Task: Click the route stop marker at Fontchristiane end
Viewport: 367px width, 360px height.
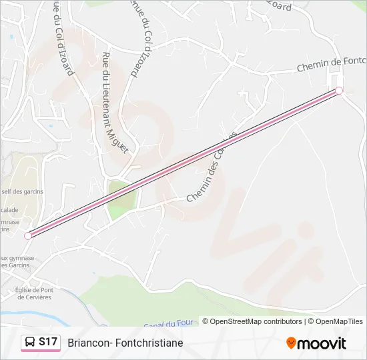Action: coord(339,91)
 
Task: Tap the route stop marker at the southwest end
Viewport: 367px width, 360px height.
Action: coord(28,235)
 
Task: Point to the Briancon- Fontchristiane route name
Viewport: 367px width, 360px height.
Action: coord(125,343)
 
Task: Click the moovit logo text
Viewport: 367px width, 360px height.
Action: coord(322,343)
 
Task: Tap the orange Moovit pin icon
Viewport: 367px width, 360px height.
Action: coord(291,343)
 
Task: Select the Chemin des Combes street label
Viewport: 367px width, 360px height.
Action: coord(212,167)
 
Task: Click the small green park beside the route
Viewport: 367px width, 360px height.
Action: coord(120,199)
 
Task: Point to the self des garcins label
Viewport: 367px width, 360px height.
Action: coord(21,191)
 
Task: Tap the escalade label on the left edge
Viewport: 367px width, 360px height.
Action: coord(9,210)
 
